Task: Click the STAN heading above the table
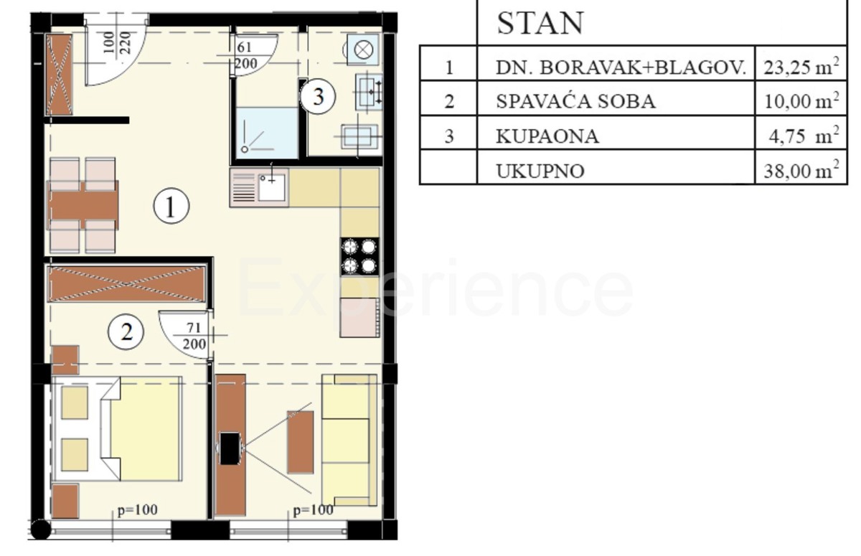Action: tap(540, 24)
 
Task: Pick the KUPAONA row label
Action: tap(547, 136)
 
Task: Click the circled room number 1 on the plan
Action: tap(171, 207)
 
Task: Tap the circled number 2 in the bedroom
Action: tap(126, 331)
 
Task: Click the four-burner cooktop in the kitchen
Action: tap(359, 256)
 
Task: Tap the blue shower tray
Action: tap(266, 133)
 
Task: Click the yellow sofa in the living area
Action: tap(349, 440)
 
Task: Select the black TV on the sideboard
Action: tap(230, 448)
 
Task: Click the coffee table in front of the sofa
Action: tap(300, 442)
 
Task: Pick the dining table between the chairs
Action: tap(83, 205)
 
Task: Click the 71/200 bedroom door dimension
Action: tap(192, 336)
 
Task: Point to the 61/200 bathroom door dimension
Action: tap(247, 55)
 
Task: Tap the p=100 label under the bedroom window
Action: tap(138, 511)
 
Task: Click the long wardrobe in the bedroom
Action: tap(127, 284)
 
